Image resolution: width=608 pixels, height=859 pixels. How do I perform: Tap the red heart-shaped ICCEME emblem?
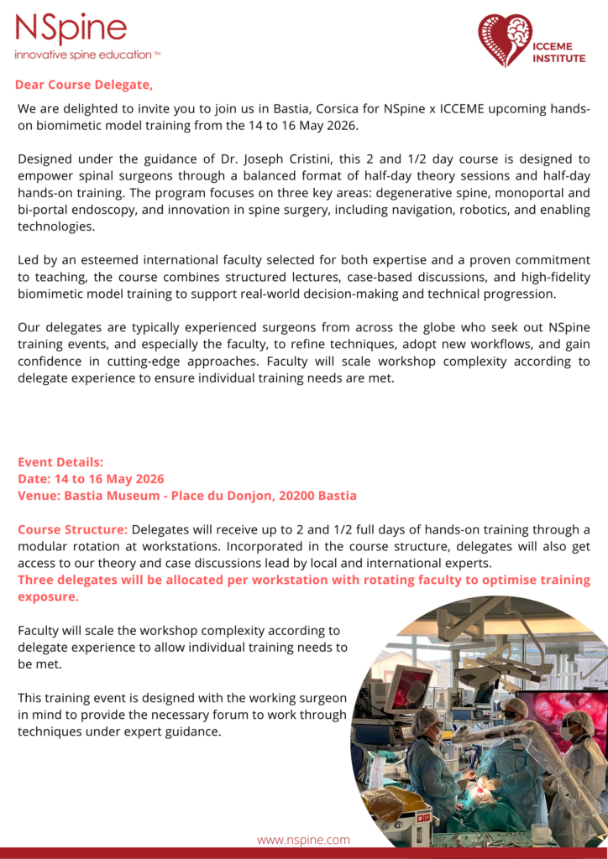[505, 39]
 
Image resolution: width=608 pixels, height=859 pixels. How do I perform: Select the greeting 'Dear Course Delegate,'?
[84, 85]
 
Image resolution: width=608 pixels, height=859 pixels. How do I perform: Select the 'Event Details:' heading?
[60, 462]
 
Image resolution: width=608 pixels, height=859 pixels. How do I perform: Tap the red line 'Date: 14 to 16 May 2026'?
[91, 479]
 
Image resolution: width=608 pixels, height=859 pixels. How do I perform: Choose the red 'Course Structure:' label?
[73, 530]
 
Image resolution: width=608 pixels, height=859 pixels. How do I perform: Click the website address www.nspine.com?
[303, 840]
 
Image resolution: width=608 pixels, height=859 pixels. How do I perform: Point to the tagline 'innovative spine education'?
[82, 55]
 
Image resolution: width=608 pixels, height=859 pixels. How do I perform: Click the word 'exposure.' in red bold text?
[49, 596]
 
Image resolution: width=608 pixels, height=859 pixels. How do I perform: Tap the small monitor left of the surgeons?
[408, 686]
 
